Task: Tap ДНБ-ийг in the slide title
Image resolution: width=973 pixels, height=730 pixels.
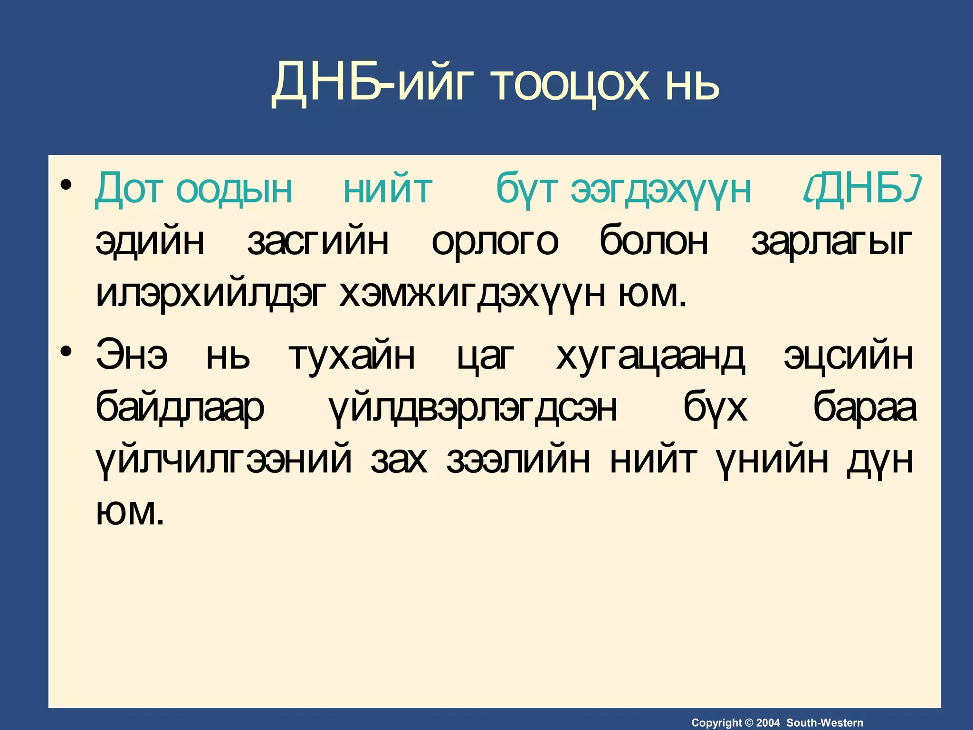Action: pos(369,84)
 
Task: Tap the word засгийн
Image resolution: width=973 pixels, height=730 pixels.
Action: pos(318,241)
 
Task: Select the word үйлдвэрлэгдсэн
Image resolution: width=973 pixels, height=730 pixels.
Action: pos(473,408)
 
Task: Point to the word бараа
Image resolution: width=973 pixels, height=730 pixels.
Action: pos(865,408)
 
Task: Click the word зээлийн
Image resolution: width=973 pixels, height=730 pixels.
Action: pos(518,460)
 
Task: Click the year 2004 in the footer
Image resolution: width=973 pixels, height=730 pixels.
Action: pos(768,723)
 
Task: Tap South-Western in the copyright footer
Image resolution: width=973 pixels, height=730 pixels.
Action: pos(825,723)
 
